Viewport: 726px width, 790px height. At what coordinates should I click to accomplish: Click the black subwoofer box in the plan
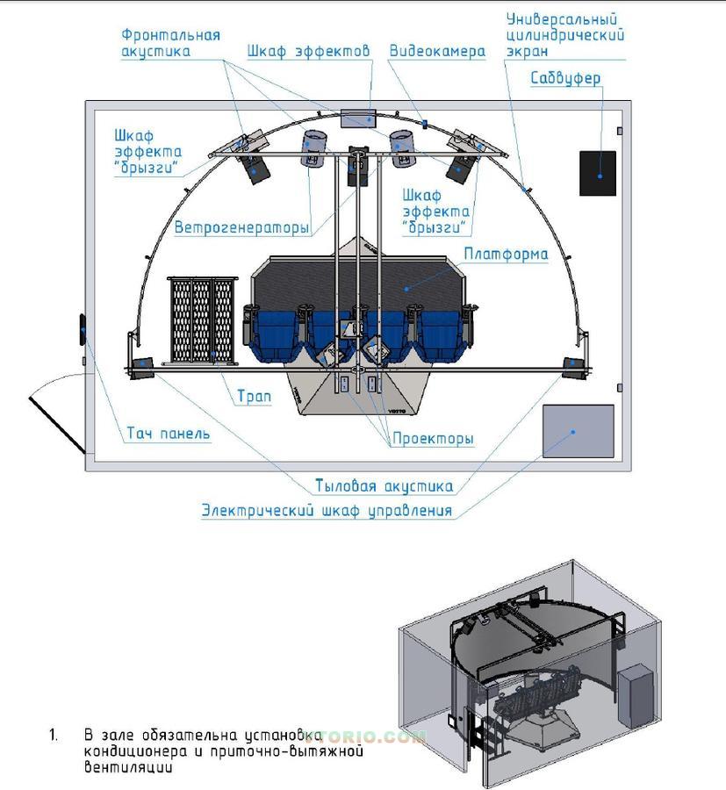tap(598, 173)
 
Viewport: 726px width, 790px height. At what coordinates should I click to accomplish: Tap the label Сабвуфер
tap(565, 79)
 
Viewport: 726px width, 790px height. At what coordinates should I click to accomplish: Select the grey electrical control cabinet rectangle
tap(578, 431)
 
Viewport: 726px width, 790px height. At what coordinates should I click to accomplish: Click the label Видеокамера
tap(437, 52)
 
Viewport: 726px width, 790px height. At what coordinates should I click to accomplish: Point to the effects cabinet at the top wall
tap(357, 117)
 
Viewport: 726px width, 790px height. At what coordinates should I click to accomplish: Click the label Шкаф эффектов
tap(308, 52)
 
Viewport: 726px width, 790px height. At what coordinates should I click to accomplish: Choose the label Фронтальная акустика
tap(170, 43)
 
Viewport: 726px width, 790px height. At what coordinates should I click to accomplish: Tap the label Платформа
tap(506, 255)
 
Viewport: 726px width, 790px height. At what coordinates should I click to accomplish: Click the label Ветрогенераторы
tap(241, 228)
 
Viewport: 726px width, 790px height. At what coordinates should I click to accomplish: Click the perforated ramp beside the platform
tap(203, 320)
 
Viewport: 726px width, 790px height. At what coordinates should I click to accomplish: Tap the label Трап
tap(254, 397)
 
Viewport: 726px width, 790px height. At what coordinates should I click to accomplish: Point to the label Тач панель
tap(169, 433)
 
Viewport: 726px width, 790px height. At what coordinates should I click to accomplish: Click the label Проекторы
tap(433, 438)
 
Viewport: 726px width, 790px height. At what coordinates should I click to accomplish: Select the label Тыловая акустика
tap(384, 486)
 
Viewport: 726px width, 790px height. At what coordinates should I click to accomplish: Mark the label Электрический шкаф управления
tap(327, 510)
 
